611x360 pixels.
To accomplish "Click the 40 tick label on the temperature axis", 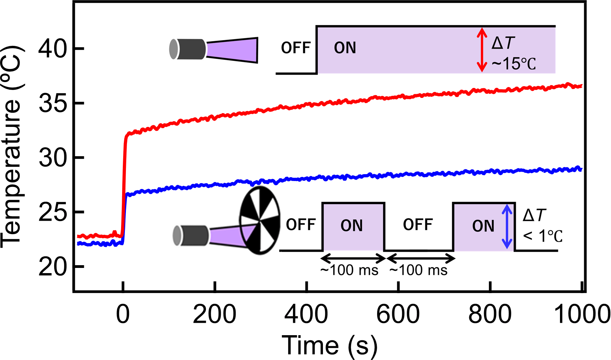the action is click(52, 49).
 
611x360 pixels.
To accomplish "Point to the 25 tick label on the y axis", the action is click(52, 212).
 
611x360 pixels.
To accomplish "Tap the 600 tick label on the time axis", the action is click(398, 314).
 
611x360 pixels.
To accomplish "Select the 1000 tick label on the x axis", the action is click(582, 314).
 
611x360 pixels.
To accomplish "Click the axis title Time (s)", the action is click(330, 345).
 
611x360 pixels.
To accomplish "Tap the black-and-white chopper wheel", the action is click(260, 220).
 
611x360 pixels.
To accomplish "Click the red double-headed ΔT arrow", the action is click(482, 50).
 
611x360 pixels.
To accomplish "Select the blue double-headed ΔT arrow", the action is click(507, 226).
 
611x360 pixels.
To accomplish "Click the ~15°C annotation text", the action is click(514, 64).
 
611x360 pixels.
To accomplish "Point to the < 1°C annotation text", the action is click(543, 236).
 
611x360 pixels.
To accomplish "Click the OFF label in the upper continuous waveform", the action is click(296, 48).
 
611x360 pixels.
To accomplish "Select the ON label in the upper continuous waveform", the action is click(345, 48).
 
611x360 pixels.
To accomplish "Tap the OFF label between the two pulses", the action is click(418, 225).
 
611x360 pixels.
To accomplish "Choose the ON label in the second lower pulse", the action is click(483, 226).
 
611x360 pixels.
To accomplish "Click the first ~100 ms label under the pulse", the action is click(349, 270).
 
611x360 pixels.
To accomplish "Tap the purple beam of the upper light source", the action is click(232, 50).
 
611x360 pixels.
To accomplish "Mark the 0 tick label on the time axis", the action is click(123, 314).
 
